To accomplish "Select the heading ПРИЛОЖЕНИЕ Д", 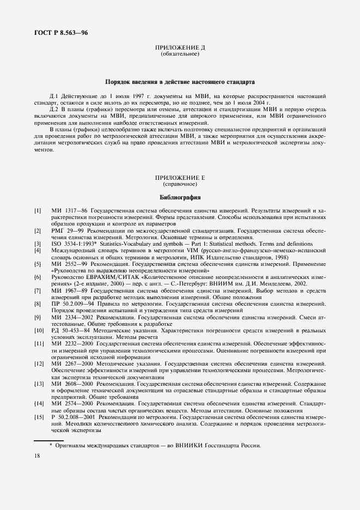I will (x=180, y=48).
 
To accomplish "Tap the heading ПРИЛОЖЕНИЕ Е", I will (x=180, y=178).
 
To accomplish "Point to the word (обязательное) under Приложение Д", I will (x=180, y=55).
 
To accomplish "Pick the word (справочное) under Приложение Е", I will (x=180, y=185).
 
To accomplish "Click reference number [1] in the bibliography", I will (x=38, y=210).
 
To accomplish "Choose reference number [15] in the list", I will (x=39, y=416).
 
